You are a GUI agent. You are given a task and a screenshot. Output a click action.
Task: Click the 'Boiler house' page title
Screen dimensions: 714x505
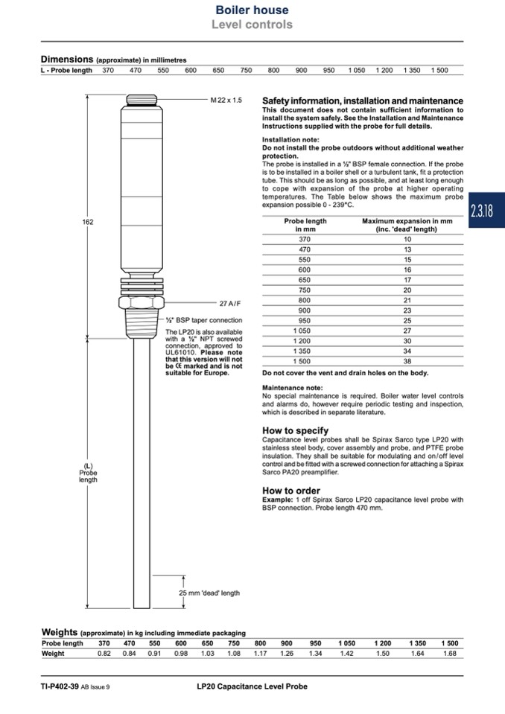coord(252,10)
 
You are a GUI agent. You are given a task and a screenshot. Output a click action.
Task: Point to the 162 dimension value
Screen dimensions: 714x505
coord(88,222)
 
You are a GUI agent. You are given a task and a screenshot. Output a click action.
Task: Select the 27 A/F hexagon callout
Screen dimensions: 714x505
coord(231,304)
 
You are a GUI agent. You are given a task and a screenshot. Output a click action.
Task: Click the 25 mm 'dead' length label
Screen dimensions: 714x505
coord(209,593)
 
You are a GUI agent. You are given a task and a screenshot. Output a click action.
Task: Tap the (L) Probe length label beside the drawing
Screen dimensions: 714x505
coord(88,474)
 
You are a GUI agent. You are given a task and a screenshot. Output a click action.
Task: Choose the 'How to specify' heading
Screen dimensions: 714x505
coord(295,430)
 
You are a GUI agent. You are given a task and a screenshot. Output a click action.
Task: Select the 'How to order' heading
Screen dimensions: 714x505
coord(291,491)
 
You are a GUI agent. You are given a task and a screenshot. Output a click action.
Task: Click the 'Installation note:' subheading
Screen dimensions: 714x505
coord(290,140)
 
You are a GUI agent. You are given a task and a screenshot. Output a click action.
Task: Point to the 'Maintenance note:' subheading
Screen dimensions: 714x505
coord(293,388)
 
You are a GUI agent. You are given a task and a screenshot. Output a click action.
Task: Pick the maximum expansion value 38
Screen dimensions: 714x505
coord(407,360)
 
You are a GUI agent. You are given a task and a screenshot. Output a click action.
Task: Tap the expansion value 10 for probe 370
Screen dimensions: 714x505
coord(407,240)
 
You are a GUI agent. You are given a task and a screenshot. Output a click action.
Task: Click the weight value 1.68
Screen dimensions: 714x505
coord(449,654)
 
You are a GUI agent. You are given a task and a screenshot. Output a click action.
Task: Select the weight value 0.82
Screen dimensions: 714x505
coord(104,654)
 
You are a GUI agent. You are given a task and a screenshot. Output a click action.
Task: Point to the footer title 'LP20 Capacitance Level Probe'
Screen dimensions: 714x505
coord(247,686)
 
